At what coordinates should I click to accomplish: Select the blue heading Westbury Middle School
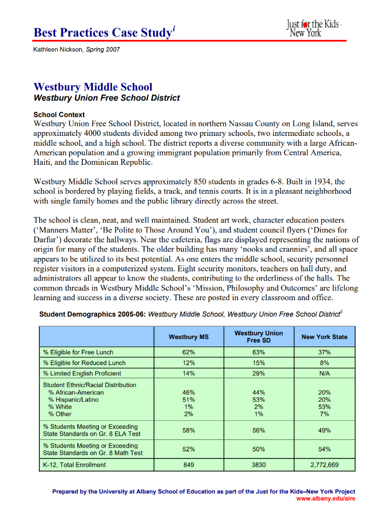click(x=93, y=87)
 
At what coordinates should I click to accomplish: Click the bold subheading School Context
click(x=59, y=115)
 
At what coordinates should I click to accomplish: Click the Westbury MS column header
click(x=189, y=337)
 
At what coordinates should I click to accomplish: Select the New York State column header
click(x=324, y=337)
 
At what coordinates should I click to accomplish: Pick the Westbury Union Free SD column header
click(x=259, y=337)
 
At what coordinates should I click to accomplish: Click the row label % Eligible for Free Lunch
click(x=78, y=352)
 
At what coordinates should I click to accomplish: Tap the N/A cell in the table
click(x=324, y=373)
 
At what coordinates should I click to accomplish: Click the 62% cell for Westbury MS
click(x=189, y=352)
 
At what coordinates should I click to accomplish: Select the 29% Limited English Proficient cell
click(x=259, y=373)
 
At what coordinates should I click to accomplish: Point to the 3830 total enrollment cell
click(x=259, y=465)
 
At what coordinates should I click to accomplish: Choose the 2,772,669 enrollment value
click(x=324, y=465)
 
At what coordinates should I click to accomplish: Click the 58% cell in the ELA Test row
click(x=189, y=430)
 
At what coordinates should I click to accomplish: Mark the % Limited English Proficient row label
click(x=82, y=373)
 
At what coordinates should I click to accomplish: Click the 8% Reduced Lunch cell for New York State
click(x=324, y=362)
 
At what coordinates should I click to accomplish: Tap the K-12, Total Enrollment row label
click(x=74, y=465)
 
